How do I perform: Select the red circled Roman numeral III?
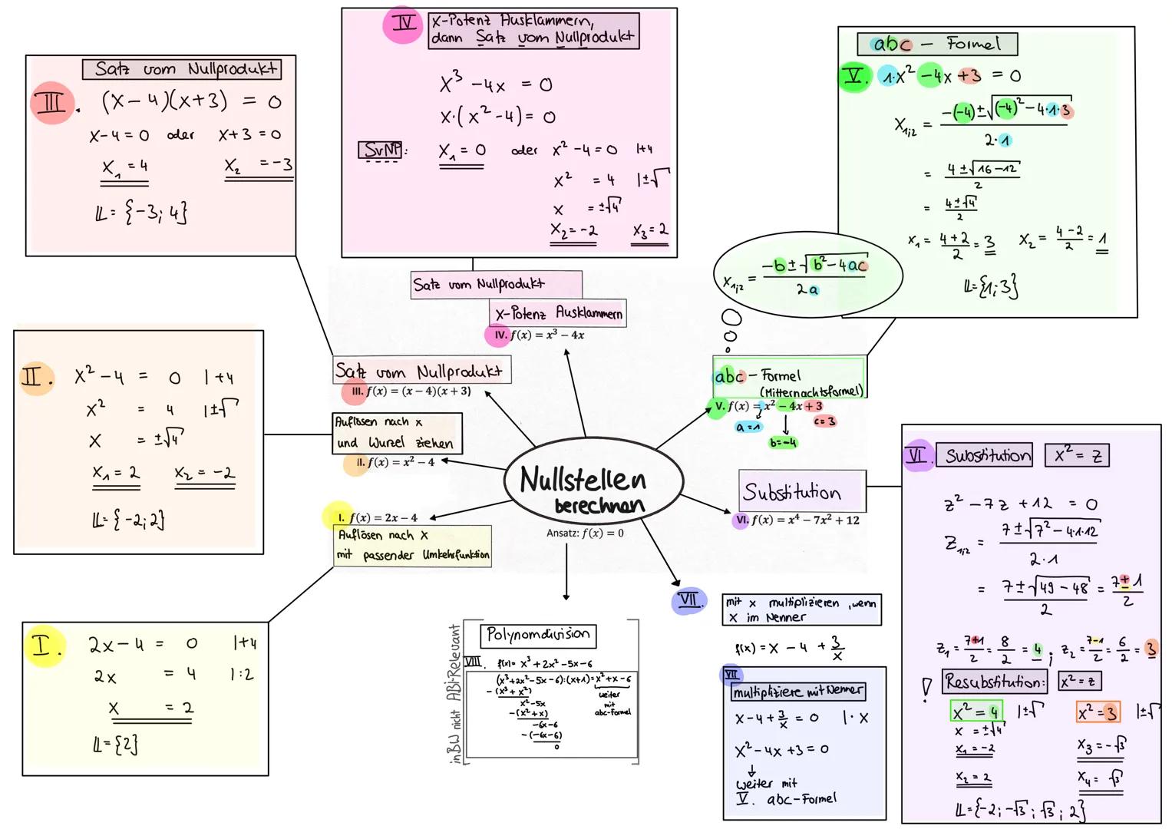click(51, 103)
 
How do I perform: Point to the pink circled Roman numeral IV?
click(403, 24)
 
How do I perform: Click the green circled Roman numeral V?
click(853, 77)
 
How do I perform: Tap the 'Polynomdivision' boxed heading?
click(537, 635)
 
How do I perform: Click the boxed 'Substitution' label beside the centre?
click(801, 491)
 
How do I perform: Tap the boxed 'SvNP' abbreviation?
click(381, 150)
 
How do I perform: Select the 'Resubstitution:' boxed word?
click(994, 681)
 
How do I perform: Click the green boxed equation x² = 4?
click(975, 712)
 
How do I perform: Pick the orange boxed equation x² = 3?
click(1098, 712)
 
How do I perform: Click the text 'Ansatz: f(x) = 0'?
click(585, 533)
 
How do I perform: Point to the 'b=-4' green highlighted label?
click(783, 443)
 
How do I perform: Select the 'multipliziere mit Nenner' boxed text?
click(797, 692)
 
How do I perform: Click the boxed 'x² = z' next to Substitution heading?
click(1077, 456)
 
